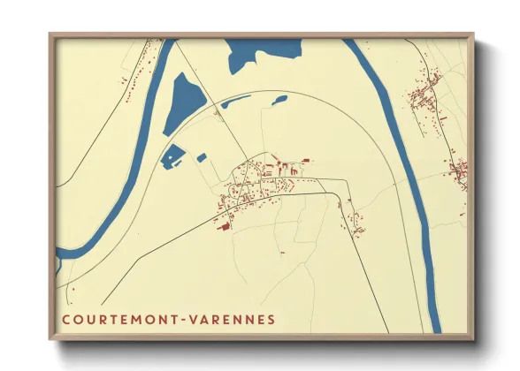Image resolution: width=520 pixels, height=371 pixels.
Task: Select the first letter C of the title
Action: [66, 319]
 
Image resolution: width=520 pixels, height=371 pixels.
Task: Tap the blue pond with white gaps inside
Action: [172, 156]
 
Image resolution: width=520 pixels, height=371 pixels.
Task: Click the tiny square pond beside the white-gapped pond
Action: [202, 158]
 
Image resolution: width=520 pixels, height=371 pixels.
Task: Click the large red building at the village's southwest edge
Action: [223, 226]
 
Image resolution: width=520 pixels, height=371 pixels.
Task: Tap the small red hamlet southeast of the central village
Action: [356, 221]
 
